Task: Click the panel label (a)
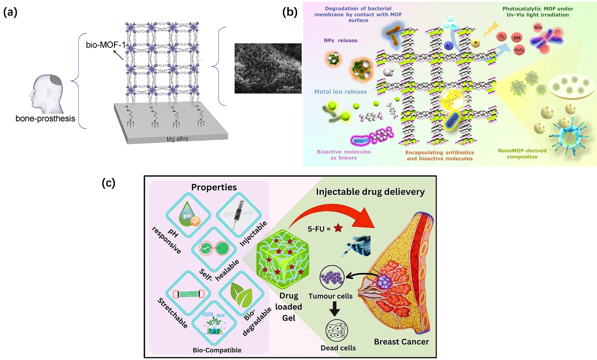click(10, 12)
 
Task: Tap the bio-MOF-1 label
click(106, 45)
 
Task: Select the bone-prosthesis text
click(45, 119)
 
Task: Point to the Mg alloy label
click(177, 139)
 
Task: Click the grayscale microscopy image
click(268, 68)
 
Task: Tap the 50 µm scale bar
click(288, 88)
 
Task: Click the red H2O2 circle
click(519, 50)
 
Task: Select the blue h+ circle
click(449, 46)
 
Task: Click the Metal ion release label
click(340, 92)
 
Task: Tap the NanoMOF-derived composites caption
click(522, 154)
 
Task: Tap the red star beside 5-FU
click(338, 228)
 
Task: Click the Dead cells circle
click(337, 331)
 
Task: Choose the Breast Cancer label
click(401, 342)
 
